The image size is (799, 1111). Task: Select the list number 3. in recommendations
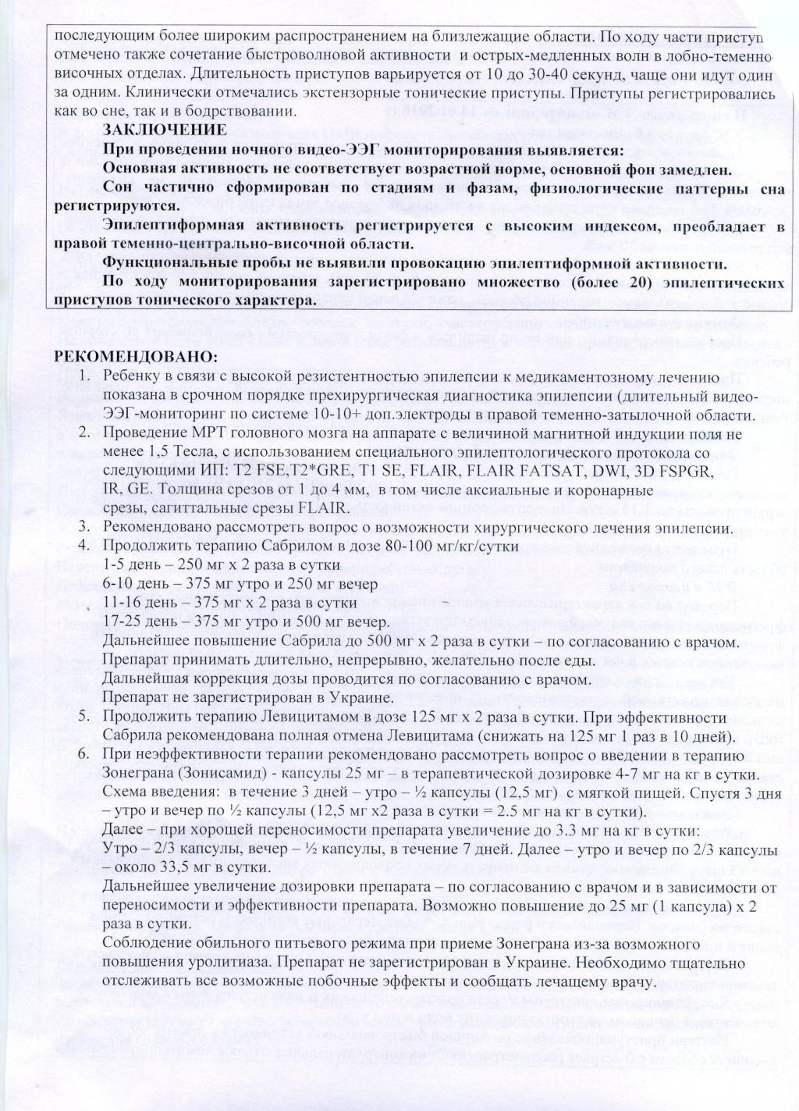pos(87,527)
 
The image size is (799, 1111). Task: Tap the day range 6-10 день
pos(137,583)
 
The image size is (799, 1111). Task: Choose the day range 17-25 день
pos(140,621)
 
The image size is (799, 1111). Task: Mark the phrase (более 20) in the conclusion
pos(605,282)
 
